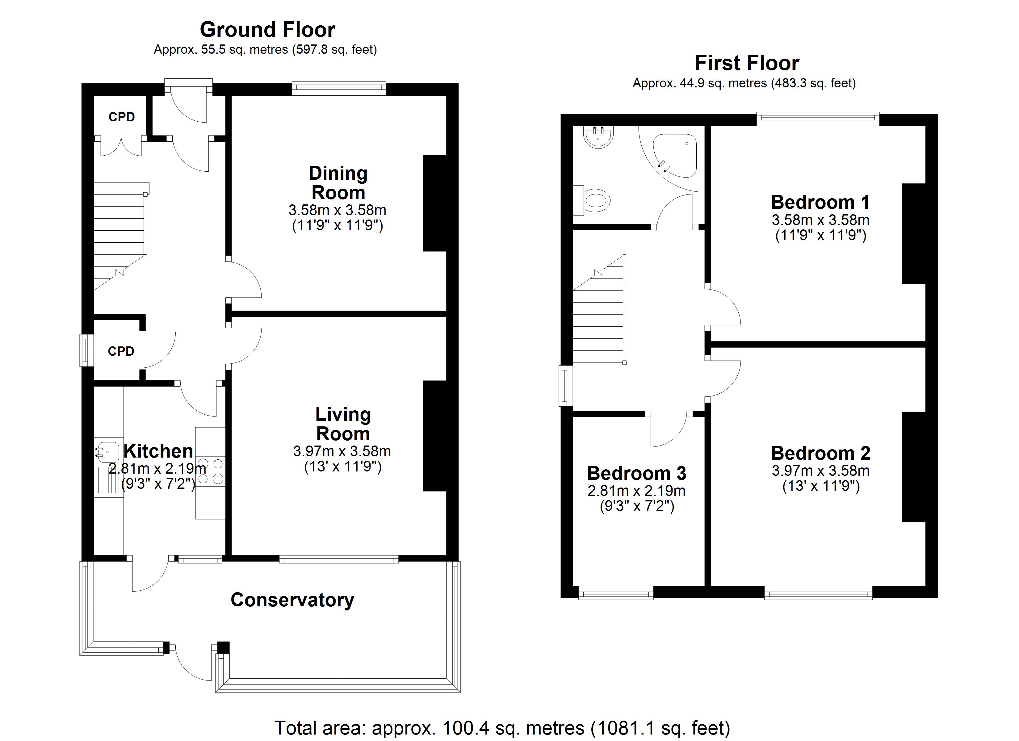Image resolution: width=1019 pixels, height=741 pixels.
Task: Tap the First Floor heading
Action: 747,63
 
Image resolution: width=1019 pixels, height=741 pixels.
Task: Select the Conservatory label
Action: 292,600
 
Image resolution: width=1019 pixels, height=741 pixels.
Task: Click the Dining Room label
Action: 338,183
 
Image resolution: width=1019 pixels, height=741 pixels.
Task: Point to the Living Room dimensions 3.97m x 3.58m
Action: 342,451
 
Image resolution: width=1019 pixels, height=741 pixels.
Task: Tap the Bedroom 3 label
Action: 637,473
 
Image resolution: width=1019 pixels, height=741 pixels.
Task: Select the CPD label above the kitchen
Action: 121,351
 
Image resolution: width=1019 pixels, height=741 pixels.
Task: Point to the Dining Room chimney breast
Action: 434,203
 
